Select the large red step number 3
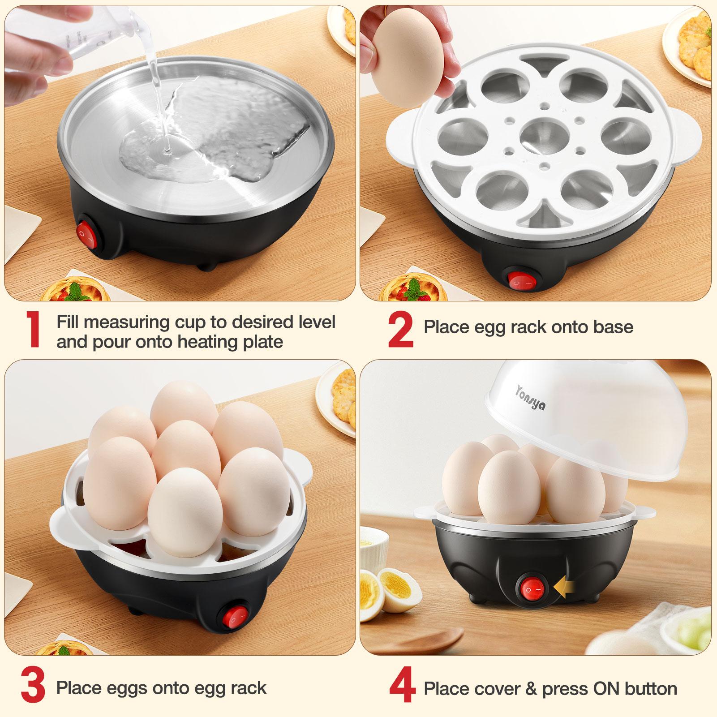(32, 688)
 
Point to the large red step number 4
(402, 688)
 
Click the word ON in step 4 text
(609, 688)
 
